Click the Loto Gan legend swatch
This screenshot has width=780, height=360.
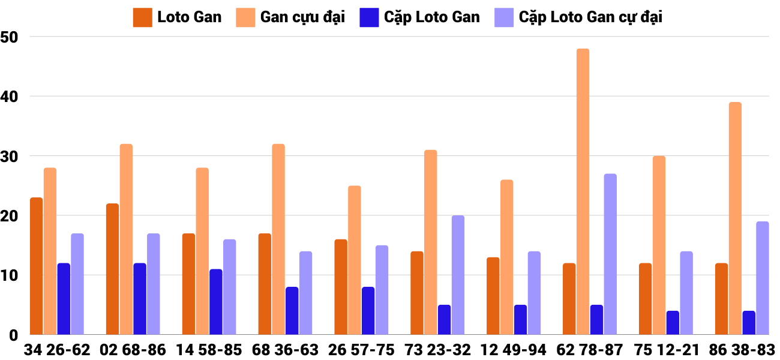(142, 17)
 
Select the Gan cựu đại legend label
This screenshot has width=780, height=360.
(302, 17)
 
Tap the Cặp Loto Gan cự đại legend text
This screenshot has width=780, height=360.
(590, 17)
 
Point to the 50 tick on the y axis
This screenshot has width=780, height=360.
(10, 37)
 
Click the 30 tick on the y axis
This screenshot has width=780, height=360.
(10, 156)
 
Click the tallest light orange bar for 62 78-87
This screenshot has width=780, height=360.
(583, 192)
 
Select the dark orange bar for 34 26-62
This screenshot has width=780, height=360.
(36, 266)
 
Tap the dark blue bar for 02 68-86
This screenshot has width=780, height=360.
(140, 299)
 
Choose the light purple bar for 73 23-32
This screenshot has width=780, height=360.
(458, 275)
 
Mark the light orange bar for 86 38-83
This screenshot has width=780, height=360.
(735, 218)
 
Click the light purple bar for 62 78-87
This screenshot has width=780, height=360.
(610, 254)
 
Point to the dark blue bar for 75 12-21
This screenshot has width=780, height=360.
(673, 323)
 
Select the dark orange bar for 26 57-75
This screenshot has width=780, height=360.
(341, 287)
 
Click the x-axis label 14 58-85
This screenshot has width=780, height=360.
(209, 350)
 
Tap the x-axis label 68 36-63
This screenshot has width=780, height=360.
(285, 350)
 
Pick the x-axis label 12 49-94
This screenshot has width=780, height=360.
(514, 350)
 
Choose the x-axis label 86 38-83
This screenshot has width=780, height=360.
(742, 350)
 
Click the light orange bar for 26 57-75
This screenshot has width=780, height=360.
(355, 260)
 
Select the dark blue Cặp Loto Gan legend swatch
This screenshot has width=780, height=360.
(368, 17)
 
